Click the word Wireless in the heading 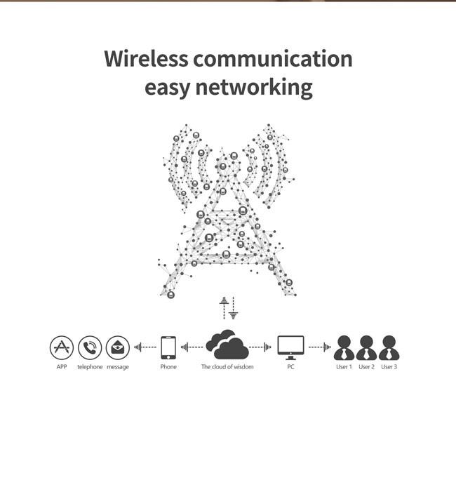click(146, 58)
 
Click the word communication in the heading click(273, 58)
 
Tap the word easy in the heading click(167, 88)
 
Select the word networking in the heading click(254, 87)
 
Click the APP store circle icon click(62, 347)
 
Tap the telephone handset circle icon click(90, 347)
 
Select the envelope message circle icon click(118, 347)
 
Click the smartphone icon click(168, 347)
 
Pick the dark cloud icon click(227, 345)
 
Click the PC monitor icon click(291, 347)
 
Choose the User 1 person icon click(344, 347)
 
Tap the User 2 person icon click(366, 347)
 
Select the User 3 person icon click(389, 347)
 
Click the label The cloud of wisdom click(227, 366)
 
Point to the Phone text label click(168, 366)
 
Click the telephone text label click(90, 366)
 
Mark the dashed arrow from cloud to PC click(260, 347)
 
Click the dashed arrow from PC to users click(319, 347)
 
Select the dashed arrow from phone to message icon click(145, 347)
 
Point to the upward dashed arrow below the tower click(224, 308)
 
